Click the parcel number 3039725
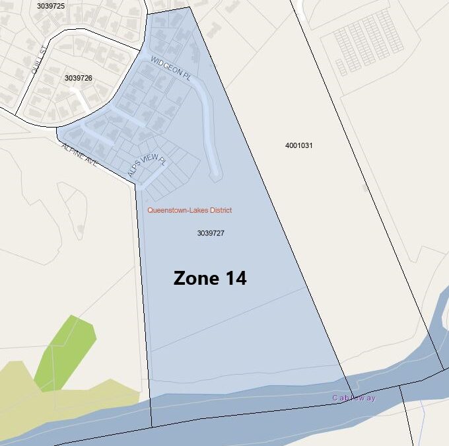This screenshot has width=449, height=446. coord(51,6)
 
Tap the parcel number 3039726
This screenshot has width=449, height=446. coord(78,78)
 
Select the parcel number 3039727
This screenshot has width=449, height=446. coord(211,233)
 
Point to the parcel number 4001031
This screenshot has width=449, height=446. coord(298,145)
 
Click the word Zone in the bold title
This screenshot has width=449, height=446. coord(194,278)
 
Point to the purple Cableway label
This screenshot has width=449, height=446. coord(353,398)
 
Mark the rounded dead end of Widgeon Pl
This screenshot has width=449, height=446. coord(215,175)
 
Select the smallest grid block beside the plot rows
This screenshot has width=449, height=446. coord(341,67)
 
